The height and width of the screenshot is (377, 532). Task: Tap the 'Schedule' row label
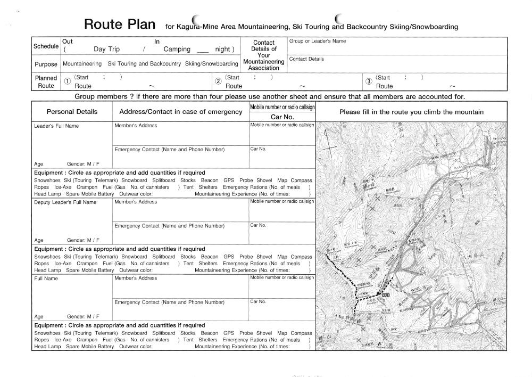click(x=46, y=46)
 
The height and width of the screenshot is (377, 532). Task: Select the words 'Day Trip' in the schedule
click(x=106, y=50)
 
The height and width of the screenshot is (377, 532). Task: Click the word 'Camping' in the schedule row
click(x=177, y=50)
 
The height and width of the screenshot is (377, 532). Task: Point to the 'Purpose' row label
click(x=46, y=64)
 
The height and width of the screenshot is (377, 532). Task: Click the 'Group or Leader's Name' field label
click(x=318, y=41)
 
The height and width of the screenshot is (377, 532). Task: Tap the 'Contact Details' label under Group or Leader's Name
click(x=306, y=59)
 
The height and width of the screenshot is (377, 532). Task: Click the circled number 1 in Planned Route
click(x=67, y=81)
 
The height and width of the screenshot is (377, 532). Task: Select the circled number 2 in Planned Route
click(x=218, y=81)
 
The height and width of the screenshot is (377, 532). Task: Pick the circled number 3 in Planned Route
click(x=368, y=81)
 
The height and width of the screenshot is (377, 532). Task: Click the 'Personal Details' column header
click(x=72, y=112)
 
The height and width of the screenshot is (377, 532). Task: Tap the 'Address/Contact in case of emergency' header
click(x=181, y=112)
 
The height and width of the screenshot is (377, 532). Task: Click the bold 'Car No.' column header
click(x=282, y=117)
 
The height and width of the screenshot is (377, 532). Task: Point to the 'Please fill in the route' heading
click(x=411, y=112)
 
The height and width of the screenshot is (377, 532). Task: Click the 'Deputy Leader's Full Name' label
click(x=65, y=202)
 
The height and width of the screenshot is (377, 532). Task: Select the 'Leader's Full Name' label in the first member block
click(x=56, y=126)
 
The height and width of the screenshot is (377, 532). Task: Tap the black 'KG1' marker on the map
click(x=386, y=295)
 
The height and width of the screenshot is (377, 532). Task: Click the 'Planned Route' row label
click(x=46, y=81)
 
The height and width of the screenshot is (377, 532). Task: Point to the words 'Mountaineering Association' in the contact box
click(x=264, y=65)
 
